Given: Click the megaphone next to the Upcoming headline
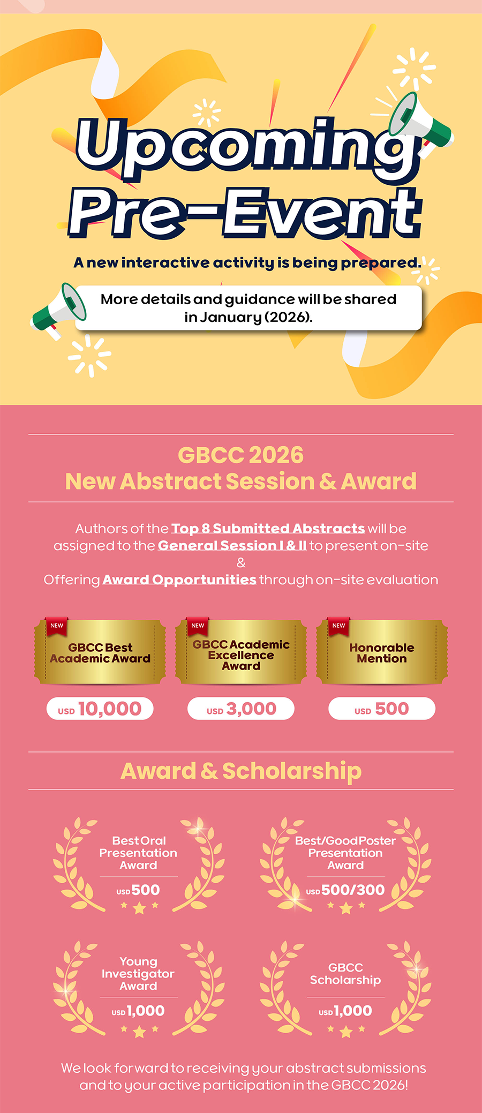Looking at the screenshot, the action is click(x=420, y=123).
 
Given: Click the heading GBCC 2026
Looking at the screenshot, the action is click(x=240, y=455).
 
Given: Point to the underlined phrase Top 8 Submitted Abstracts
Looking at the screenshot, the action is click(x=268, y=529).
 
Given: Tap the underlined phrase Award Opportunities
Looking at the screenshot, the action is click(x=179, y=580).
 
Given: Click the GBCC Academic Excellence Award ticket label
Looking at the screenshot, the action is click(x=241, y=655).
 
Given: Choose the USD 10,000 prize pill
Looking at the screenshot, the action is click(x=100, y=709).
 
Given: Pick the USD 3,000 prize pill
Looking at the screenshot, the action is click(x=241, y=709).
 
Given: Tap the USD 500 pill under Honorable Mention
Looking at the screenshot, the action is click(x=382, y=709).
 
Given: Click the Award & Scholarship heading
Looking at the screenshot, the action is click(x=241, y=771).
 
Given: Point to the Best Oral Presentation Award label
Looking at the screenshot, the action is click(x=138, y=853).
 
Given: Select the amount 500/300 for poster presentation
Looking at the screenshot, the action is click(x=353, y=890).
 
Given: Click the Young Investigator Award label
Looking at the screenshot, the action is click(x=138, y=974).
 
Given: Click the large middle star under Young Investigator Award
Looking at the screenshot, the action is click(x=139, y=1031).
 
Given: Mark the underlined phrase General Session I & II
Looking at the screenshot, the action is click(x=232, y=546).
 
